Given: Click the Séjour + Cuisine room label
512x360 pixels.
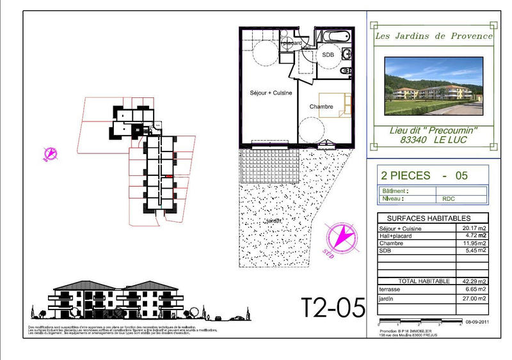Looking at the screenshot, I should (x=271, y=93).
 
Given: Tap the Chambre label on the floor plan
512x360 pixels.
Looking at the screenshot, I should (x=321, y=107).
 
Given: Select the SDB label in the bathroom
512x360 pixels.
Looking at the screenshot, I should (x=328, y=55).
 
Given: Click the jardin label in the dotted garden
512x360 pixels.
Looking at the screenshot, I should (x=274, y=221).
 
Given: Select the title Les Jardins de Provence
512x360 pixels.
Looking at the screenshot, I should (x=433, y=36).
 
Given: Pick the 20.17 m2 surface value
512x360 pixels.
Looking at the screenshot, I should (x=474, y=228).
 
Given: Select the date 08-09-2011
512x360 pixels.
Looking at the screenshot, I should (x=477, y=324).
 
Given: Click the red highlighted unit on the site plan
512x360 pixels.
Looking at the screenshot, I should (x=169, y=176).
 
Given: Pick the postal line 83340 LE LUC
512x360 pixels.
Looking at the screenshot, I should (x=433, y=139).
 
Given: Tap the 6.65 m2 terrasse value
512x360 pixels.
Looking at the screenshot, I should (x=474, y=289).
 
